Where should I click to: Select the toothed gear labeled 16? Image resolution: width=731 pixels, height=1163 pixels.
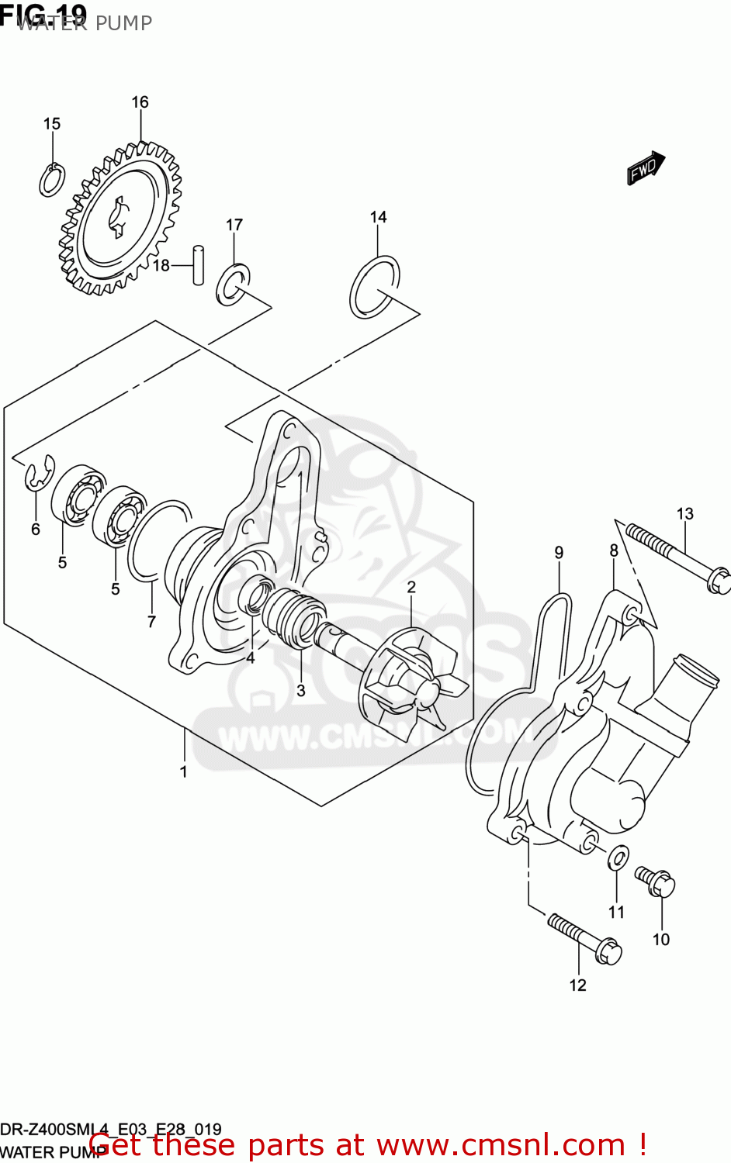(121, 220)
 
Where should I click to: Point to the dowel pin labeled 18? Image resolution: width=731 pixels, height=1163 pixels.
(199, 265)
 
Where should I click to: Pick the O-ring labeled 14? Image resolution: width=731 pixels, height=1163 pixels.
(375, 287)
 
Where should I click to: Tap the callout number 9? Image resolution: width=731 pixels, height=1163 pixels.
(559, 553)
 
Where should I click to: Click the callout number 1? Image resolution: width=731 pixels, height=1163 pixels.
(184, 771)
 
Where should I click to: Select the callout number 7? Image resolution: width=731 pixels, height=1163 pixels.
(151, 621)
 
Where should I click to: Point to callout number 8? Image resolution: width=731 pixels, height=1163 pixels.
(614, 550)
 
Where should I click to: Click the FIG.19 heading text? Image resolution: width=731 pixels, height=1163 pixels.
(43, 13)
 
